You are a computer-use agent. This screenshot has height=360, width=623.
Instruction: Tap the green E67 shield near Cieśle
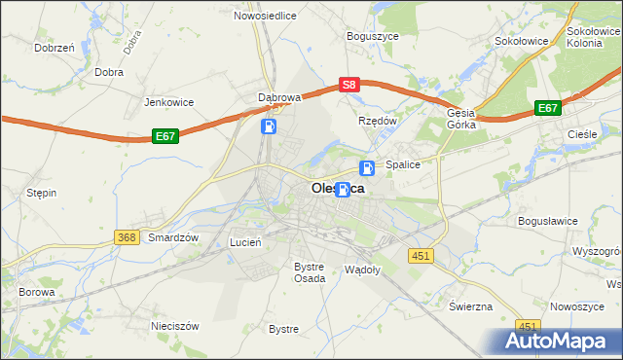(x=547, y=109)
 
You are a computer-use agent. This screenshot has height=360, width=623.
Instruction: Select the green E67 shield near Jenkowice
(x=165, y=138)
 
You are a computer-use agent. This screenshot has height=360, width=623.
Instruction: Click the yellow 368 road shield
(x=126, y=237)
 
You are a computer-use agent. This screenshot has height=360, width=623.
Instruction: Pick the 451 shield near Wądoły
(x=420, y=255)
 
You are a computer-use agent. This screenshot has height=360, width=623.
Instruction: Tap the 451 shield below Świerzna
(x=528, y=326)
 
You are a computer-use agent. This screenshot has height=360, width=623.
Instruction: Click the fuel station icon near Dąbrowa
(x=269, y=126)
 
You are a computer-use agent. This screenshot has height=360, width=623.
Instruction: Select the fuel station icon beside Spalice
(x=367, y=167)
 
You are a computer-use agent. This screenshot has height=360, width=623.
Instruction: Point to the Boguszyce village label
(x=374, y=36)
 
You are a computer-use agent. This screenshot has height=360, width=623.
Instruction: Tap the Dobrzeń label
(x=55, y=47)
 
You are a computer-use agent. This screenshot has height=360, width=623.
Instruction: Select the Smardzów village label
(x=173, y=237)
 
